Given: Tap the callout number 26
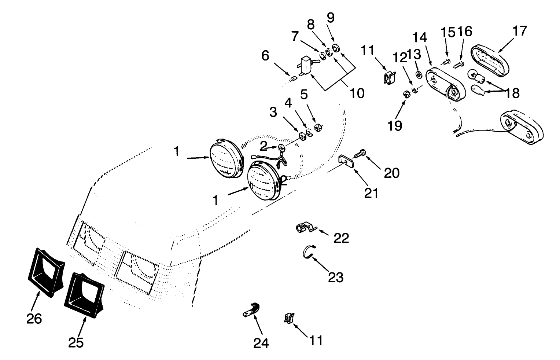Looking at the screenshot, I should tap(34, 319).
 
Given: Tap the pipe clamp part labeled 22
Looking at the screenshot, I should tap(305, 228).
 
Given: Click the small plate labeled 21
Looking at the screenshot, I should tap(346, 161).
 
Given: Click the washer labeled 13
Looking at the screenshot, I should tap(418, 74).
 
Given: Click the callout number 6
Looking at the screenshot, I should tap(265, 56).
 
